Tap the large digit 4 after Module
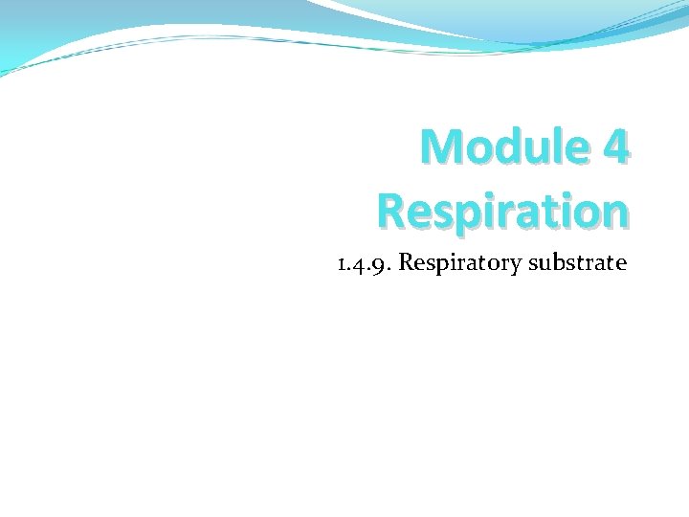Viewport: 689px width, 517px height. [x=614, y=148]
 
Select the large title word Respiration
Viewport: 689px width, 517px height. [x=502, y=210]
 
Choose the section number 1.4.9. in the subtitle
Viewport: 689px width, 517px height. [x=364, y=262]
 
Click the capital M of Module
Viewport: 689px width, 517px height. [x=441, y=148]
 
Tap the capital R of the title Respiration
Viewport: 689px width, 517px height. [x=392, y=210]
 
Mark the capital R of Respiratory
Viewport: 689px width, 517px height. [x=405, y=261]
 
